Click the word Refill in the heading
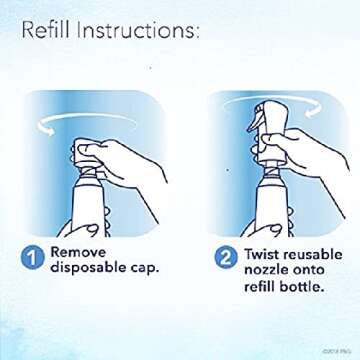coord(48,32)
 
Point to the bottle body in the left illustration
coord(81,215)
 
